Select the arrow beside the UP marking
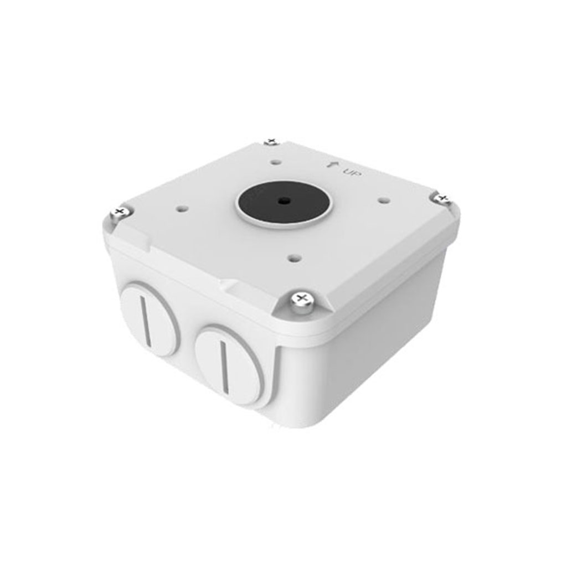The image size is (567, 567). pyautogui.click(x=331, y=164)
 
